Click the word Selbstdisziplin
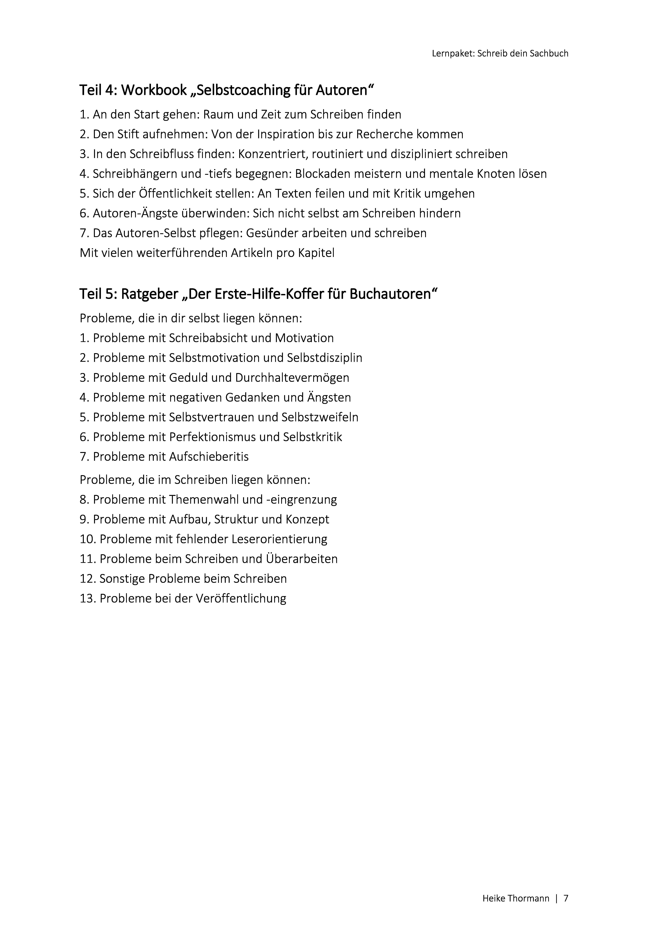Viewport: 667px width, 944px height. click(x=324, y=358)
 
